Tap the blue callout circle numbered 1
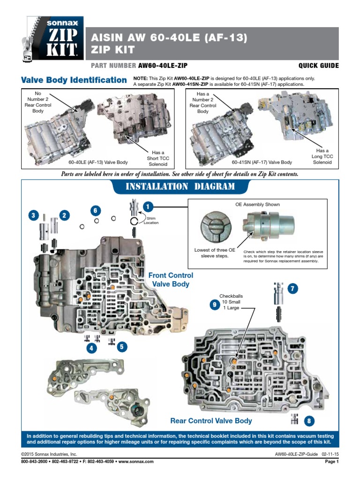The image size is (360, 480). (x=148, y=206)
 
